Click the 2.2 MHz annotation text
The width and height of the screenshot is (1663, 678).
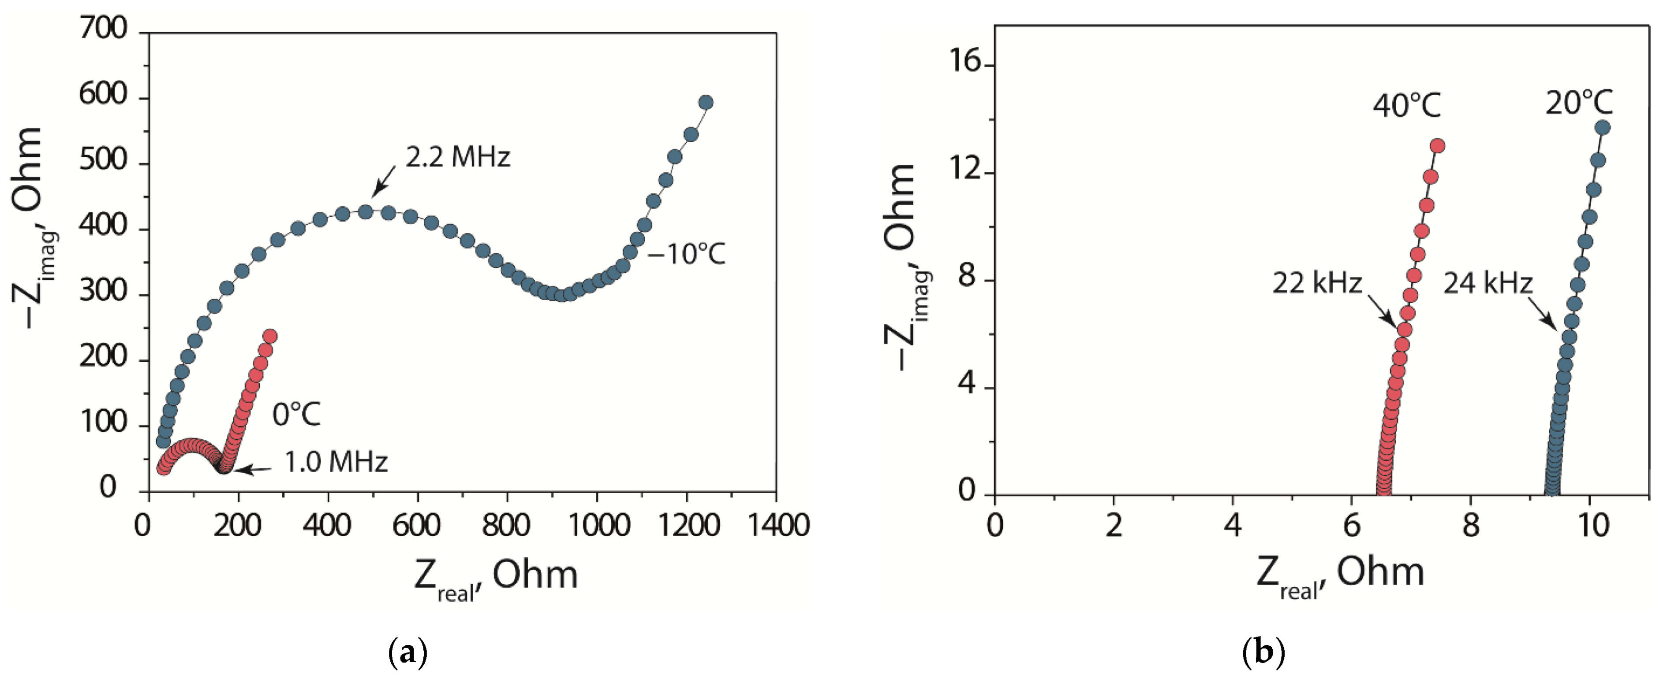click(x=458, y=157)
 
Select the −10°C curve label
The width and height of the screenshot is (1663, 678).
click(x=686, y=254)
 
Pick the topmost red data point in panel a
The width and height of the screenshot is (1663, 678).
click(x=270, y=336)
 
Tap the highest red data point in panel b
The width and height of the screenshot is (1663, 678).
click(x=1438, y=146)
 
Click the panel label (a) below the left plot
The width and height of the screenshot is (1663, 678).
click(x=408, y=653)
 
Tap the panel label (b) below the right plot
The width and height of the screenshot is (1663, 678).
click(x=1263, y=653)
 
